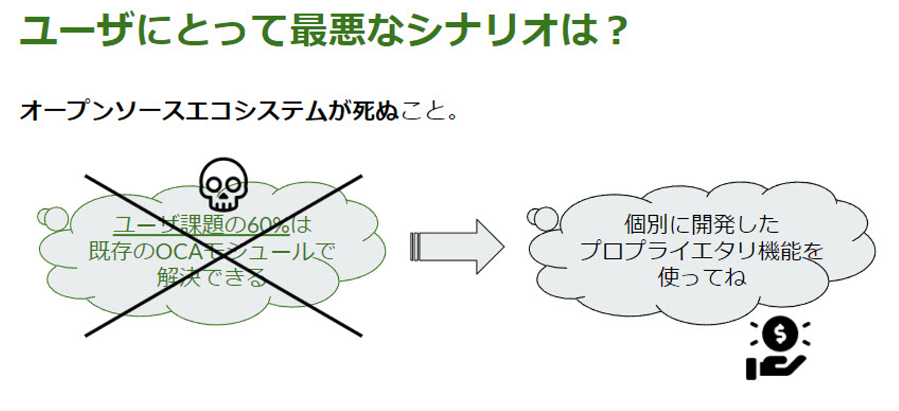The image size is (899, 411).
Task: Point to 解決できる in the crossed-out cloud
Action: click(212, 278)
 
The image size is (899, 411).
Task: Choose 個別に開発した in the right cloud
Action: click(702, 224)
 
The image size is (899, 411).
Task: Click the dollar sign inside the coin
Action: click(780, 334)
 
